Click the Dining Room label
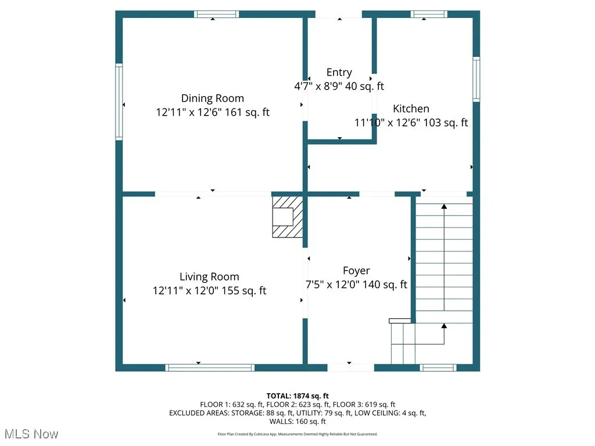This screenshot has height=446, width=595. coord(213,98)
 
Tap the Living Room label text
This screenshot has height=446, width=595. coord(209,277)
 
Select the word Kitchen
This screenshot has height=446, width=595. coord(411,109)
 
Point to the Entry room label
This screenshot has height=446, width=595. coord(339,73)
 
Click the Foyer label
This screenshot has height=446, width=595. coord(356,271)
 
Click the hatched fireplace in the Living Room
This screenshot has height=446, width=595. coord(288,217)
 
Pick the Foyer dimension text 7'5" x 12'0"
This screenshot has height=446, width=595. coord(334,285)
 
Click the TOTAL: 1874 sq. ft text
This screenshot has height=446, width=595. coord(297,396)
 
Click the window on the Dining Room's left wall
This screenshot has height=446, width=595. coord(119,102)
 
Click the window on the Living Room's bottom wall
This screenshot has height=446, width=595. coord(210,367)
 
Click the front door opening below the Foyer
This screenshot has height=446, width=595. coord(350,367)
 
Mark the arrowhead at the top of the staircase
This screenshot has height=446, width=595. coord(445,206)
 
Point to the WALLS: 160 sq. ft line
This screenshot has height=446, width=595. coord(297,422)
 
